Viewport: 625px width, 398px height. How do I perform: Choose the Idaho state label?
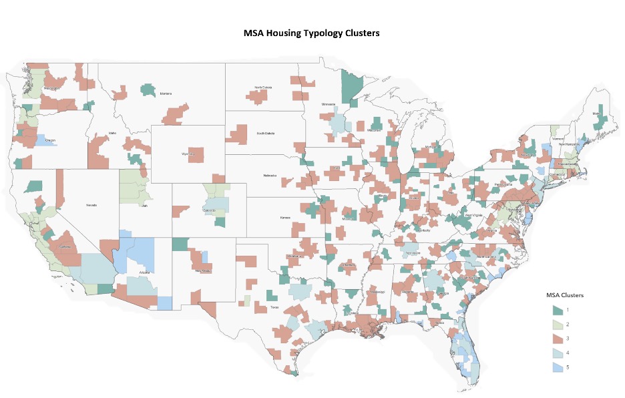pos(112,134)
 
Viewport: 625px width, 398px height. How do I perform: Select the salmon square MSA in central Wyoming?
pos(196,155)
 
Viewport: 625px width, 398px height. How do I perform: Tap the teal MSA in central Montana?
pos(148,88)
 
